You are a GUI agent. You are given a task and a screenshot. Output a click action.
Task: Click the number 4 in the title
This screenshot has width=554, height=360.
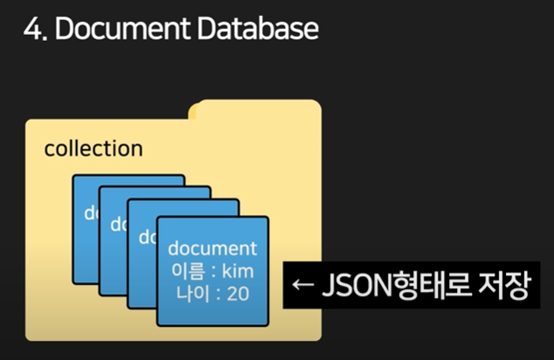point(32,29)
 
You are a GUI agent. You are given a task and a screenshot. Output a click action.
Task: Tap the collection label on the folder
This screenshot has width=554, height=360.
point(93,149)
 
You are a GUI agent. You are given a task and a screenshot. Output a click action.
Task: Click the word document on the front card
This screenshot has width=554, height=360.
point(211,247)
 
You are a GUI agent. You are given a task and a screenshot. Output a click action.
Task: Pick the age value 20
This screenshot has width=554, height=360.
point(238,293)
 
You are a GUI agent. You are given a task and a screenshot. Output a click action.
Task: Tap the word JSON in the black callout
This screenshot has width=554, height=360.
point(358,287)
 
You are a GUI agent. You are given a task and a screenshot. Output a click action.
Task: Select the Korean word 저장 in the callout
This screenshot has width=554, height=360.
point(505,287)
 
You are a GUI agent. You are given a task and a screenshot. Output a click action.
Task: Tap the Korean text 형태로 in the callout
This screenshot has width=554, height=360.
point(430,287)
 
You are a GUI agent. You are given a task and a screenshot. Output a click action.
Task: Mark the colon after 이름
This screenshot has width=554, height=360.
point(210,271)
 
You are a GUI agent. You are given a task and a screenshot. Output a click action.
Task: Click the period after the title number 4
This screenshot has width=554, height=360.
point(45,38)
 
